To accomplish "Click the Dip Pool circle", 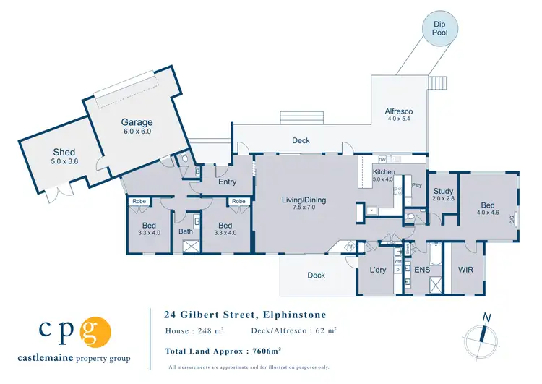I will [x=441, y=29].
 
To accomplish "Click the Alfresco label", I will [x=398, y=110].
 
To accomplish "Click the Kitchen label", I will [x=382, y=171].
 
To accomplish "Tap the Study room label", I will [x=443, y=192].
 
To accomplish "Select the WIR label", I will [x=465, y=270].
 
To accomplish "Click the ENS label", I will [x=422, y=270].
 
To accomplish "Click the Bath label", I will [x=186, y=231].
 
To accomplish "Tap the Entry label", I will [x=227, y=182].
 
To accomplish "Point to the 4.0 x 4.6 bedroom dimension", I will [x=488, y=213].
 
